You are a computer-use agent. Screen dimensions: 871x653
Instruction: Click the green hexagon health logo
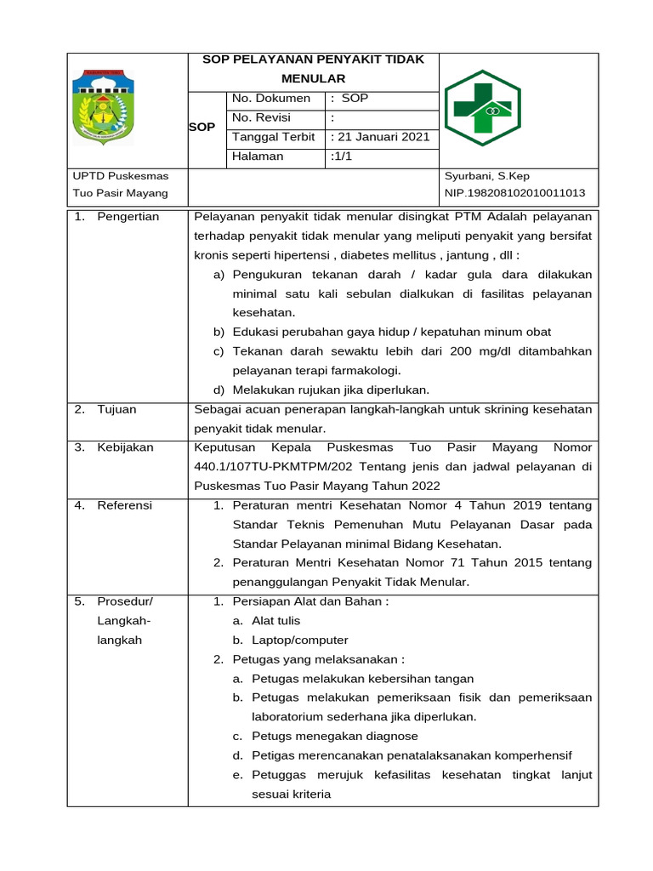[x=484, y=109]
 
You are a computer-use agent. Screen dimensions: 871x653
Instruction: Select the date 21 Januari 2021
[x=381, y=137]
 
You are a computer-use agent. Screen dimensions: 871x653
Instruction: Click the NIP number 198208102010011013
[x=515, y=193]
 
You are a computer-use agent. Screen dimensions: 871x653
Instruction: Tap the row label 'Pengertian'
[x=128, y=217]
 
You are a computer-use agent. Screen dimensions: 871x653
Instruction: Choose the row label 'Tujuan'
[x=117, y=409]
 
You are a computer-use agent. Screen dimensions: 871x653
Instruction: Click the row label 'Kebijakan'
[x=125, y=447]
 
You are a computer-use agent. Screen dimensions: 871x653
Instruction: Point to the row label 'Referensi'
[x=124, y=505]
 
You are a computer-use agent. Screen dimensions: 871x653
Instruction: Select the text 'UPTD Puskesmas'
[x=121, y=176]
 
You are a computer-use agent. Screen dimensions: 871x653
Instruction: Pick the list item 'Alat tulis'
[x=275, y=621]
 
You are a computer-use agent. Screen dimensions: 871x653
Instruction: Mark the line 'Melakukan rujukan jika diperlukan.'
[x=332, y=390]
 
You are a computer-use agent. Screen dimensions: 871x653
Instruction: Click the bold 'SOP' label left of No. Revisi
[x=202, y=127]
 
